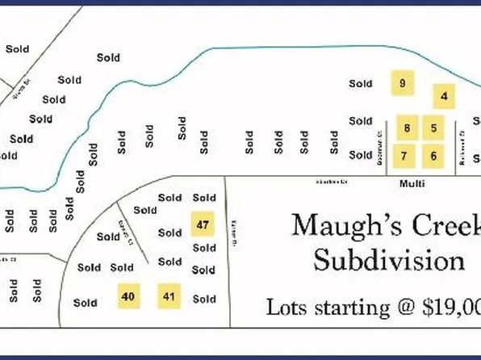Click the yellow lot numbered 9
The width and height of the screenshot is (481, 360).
402,83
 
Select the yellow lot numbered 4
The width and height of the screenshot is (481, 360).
444,97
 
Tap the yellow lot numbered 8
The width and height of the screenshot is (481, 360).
408,128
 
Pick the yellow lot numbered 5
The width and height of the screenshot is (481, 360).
433,128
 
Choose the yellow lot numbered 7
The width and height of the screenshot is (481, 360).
405,156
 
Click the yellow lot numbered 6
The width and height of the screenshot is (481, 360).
433,156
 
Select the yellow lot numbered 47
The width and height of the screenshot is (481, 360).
203,224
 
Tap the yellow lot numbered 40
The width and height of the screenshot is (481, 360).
128,297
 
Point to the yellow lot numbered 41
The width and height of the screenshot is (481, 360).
169,297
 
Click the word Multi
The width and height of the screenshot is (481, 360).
412,184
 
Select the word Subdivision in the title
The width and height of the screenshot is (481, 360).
389,261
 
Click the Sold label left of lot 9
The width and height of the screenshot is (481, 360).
361,83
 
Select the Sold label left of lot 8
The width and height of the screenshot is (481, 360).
361,121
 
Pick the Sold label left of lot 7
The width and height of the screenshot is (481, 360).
361,155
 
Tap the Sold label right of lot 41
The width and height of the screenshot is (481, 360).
204,299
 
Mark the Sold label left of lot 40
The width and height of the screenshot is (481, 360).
85,303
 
